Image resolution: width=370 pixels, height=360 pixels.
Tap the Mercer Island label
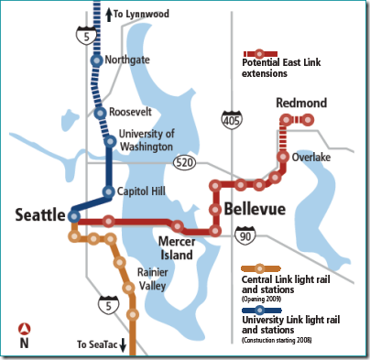tap(177, 248)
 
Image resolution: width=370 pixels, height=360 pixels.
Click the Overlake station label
tap(310, 157)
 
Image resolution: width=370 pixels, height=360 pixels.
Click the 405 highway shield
tap(230, 119)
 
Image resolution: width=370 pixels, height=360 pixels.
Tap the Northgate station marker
tap(97, 60)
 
